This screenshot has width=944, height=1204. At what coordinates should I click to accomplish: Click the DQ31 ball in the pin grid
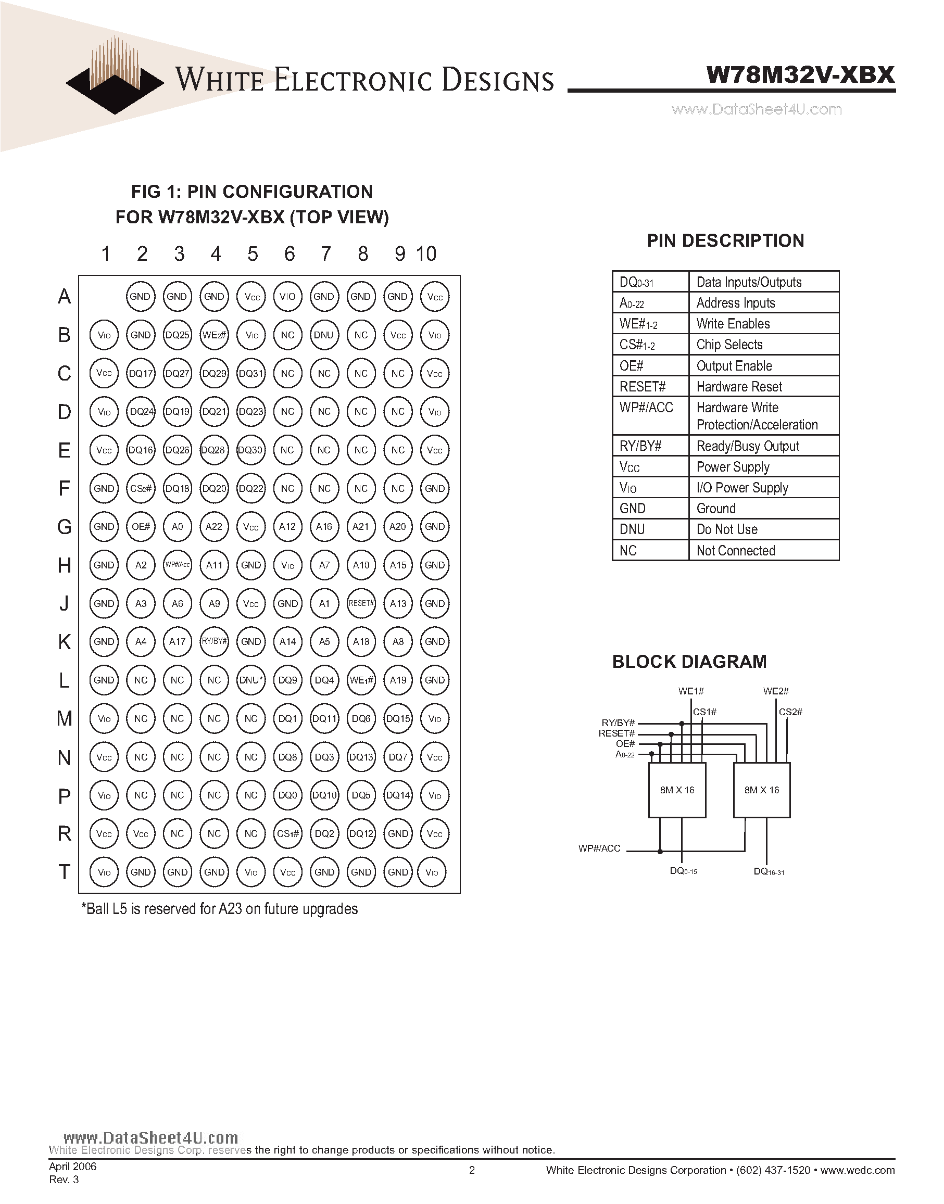point(251,374)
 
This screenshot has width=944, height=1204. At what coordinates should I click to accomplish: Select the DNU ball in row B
point(324,335)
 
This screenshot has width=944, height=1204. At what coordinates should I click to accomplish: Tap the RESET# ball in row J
point(361,603)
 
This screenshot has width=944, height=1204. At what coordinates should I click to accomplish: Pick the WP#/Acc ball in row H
point(178,565)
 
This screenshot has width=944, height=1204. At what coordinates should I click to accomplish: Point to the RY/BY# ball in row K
point(215,641)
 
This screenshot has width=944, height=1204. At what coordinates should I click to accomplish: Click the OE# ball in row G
point(141,527)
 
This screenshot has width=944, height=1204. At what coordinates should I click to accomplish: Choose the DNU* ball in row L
point(251,680)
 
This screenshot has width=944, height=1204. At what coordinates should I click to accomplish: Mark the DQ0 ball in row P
point(287,795)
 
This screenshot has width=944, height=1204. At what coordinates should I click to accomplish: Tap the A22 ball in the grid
point(215,527)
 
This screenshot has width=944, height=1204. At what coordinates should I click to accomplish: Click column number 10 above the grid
point(426,254)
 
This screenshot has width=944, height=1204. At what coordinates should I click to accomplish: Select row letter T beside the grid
point(64,872)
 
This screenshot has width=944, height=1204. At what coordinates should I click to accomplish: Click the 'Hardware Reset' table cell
point(739,387)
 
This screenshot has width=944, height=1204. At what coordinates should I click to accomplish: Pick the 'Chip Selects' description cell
point(729,345)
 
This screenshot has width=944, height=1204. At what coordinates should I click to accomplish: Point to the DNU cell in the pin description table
point(632,529)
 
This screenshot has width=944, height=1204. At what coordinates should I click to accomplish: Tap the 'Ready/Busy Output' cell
point(747,446)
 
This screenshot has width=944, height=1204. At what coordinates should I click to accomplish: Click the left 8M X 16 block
point(677,790)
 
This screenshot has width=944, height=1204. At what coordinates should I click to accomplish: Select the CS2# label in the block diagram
point(790,712)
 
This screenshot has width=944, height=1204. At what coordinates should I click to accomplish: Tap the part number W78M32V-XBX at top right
point(800,74)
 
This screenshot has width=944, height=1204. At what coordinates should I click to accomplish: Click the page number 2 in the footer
point(472,1170)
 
